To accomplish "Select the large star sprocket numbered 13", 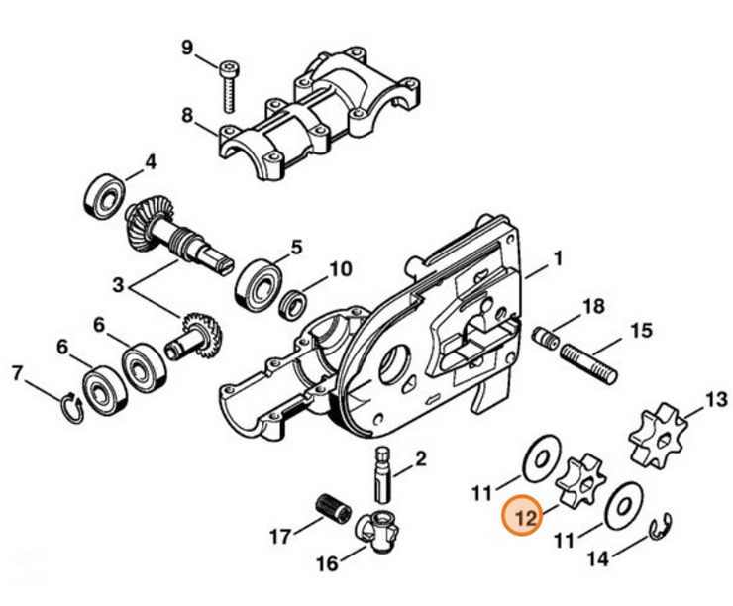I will pyautogui.click(x=658, y=436).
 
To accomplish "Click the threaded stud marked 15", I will pyautogui.click(x=590, y=365).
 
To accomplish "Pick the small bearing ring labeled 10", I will pyautogui.click(x=292, y=300).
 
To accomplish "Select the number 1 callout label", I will pyautogui.click(x=557, y=260).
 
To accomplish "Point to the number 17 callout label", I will pyautogui.click(x=280, y=537).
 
